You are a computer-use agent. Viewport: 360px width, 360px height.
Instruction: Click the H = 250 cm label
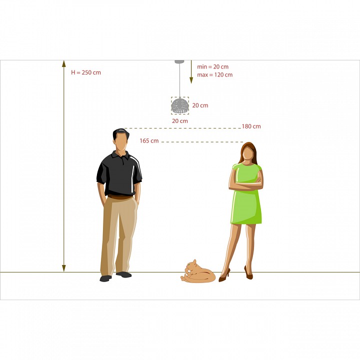tap(86, 72)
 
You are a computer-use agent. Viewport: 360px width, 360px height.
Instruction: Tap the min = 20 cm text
tap(213, 67)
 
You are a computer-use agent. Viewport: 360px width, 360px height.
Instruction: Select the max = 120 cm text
tap(215, 75)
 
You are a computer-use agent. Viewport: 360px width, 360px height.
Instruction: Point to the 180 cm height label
tap(251, 126)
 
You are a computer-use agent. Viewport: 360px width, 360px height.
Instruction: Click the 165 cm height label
tap(149, 140)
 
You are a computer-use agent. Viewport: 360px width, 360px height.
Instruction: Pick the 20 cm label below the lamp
tap(180, 121)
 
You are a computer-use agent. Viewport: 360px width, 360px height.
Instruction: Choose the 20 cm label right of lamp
tap(200, 105)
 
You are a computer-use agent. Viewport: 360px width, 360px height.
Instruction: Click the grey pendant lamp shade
tap(180, 106)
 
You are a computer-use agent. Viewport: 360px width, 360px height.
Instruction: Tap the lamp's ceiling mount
tap(179, 62)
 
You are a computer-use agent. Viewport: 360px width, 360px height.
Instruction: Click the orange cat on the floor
tap(198, 273)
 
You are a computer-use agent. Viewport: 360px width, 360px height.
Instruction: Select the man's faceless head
tap(121, 139)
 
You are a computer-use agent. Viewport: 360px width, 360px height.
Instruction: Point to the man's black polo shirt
tap(119, 174)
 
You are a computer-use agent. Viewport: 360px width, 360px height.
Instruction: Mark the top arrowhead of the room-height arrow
tap(64, 63)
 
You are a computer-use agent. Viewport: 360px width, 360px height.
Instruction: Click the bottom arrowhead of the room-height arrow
tap(64, 268)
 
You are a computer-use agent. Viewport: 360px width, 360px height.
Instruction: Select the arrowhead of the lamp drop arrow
tap(191, 80)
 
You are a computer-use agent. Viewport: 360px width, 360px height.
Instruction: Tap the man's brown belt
tap(120, 197)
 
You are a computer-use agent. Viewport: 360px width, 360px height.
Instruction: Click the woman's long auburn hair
tap(248, 152)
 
